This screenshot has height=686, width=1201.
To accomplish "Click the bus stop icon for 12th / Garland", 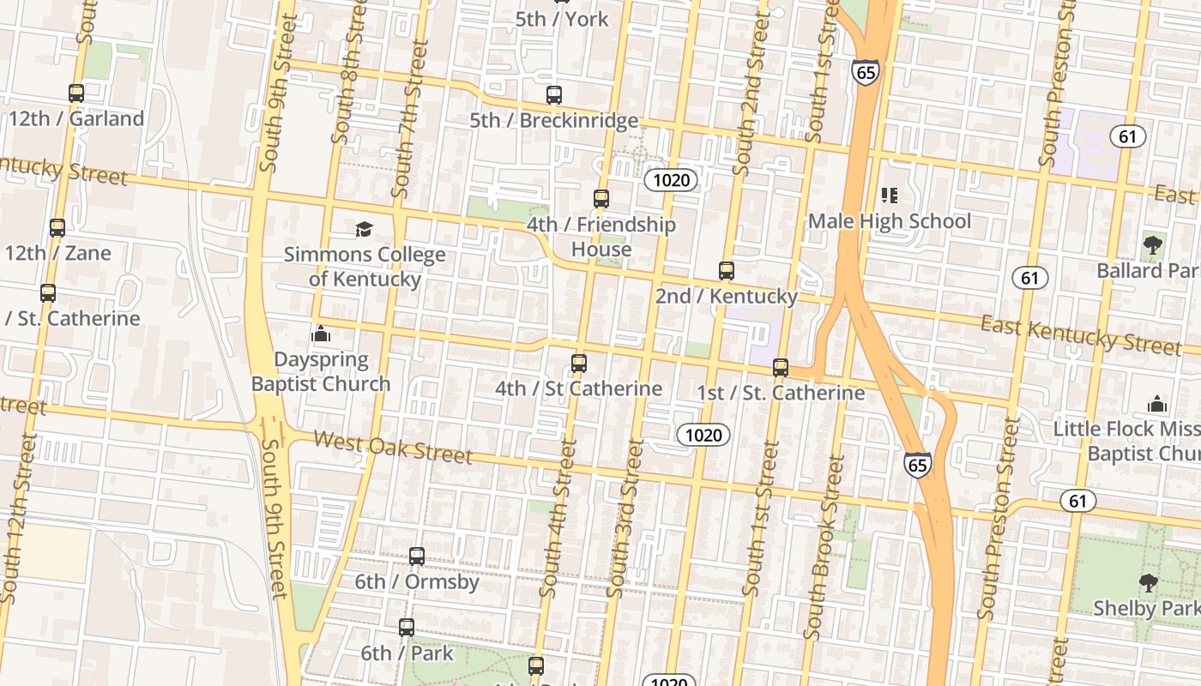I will pyautogui.click(x=76, y=93).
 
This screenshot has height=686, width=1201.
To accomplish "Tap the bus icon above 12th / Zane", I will pyautogui.click(x=57, y=228).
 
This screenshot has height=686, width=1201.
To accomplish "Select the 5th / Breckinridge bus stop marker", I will pyautogui.click(x=554, y=95).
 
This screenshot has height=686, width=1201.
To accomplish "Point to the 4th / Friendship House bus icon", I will pyautogui.click(x=601, y=199).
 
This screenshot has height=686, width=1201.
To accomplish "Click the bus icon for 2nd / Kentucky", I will pyautogui.click(x=727, y=271).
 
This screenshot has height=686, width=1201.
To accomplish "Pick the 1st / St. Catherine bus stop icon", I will pyautogui.click(x=781, y=368).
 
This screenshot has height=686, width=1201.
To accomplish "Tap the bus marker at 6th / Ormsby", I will pyautogui.click(x=417, y=557).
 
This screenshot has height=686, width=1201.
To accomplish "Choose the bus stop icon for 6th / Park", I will pyautogui.click(x=407, y=628).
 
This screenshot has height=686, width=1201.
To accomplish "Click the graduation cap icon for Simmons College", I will pyautogui.click(x=365, y=229).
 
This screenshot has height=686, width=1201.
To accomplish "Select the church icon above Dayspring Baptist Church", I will pyautogui.click(x=321, y=334).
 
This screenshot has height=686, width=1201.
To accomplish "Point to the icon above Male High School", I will pyautogui.click(x=890, y=196).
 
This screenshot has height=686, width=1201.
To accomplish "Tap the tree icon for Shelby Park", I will pyautogui.click(x=1148, y=583).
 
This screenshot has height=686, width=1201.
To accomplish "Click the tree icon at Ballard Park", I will pyautogui.click(x=1153, y=245).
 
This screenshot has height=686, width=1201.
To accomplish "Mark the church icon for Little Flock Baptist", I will pyautogui.click(x=1157, y=403).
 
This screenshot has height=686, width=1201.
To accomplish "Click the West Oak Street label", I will pyautogui.click(x=393, y=447).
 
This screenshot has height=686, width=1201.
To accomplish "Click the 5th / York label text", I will pyautogui.click(x=562, y=19).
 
